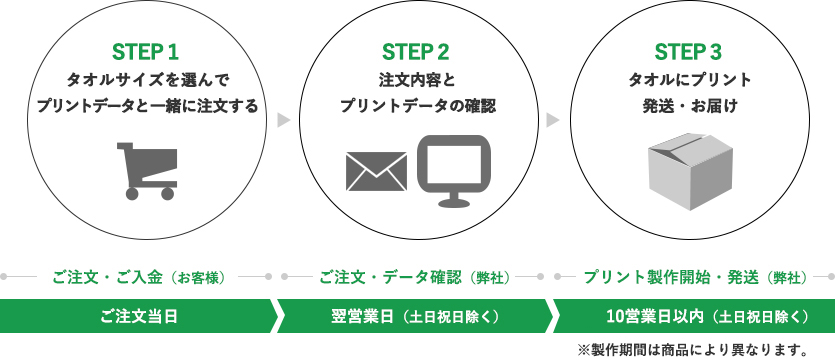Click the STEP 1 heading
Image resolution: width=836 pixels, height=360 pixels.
tap(146, 51)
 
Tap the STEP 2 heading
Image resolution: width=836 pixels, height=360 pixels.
tap(416, 51)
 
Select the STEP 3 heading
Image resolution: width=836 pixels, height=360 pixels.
tap(688, 51)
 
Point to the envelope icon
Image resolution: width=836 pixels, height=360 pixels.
tap(375, 171)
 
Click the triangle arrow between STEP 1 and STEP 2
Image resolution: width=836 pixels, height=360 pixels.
tap(283, 120)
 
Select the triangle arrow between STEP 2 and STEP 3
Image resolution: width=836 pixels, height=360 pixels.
tap(552, 120)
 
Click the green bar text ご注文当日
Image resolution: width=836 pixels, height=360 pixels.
tap(138, 317)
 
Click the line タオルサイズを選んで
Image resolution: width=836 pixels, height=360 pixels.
tap(146, 79)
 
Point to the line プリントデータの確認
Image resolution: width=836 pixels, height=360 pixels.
tap(416, 105)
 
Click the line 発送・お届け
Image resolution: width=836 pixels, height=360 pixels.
tap(687, 105)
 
